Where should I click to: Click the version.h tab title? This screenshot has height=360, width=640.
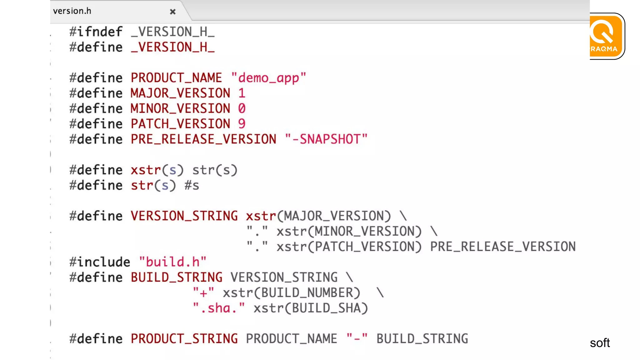click(72, 11)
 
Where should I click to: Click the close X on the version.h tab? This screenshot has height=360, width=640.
click(172, 12)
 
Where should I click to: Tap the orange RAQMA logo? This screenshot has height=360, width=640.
click(606, 36)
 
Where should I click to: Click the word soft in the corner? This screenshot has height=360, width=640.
click(600, 343)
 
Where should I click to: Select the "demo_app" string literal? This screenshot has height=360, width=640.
click(268, 78)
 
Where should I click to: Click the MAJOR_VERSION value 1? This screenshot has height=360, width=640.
click(242, 93)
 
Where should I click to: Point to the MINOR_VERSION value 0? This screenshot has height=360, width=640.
click(242, 108)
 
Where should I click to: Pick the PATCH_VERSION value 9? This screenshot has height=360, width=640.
click(242, 124)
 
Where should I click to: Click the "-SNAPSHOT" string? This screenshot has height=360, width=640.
click(326, 139)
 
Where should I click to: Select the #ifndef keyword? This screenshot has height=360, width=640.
click(96, 32)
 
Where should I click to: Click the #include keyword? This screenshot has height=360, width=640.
click(100, 262)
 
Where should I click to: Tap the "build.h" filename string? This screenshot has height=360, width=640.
click(173, 262)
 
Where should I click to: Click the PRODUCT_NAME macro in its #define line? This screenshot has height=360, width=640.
click(176, 78)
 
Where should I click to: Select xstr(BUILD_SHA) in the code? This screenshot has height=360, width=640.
click(311, 308)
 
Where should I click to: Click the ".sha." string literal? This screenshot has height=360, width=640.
click(219, 308)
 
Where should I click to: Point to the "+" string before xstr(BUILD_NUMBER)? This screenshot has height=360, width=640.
click(203, 293)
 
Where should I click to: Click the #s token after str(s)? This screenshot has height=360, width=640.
click(192, 185)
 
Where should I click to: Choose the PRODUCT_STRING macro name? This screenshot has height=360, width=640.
click(184, 339)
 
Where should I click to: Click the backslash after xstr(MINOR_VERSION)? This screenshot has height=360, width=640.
click(434, 231)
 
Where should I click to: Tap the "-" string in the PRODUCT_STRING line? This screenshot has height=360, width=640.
click(357, 339)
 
